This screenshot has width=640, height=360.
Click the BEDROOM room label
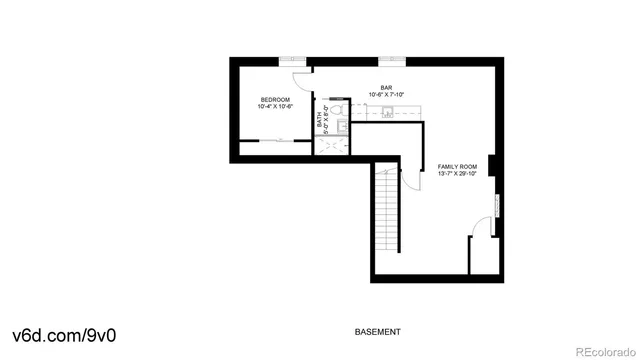click(275, 99)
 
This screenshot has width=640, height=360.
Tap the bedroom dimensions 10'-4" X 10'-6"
click(275, 106)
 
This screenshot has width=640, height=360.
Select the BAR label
click(386, 87)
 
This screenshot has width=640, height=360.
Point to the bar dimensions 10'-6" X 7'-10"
click(386, 94)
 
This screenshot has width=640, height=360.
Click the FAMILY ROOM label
click(457, 166)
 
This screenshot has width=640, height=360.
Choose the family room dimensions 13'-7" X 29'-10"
click(457, 173)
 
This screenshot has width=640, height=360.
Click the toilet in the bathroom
click(337, 111)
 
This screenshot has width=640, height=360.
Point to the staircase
click(386, 214)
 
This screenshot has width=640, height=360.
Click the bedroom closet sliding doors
click(276, 140)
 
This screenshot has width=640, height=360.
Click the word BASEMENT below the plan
click(378, 331)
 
